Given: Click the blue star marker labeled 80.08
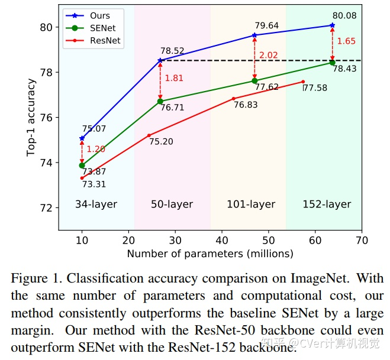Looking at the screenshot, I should tap(333, 25).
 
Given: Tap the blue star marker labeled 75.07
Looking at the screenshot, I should tap(82, 138).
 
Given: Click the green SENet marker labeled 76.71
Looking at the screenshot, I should tap(160, 101).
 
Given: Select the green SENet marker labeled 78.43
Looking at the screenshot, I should tap(333, 62).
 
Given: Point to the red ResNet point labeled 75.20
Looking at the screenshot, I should tap(149, 135).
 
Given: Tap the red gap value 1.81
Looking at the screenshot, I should tap(175, 78).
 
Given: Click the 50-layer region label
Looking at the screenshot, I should tap(172, 205).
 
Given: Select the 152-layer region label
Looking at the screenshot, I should tap(327, 205).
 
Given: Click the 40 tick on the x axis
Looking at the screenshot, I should tap(222, 240).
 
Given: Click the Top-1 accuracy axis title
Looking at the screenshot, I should tap(31, 117).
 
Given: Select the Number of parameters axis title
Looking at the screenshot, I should tap(210, 254).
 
